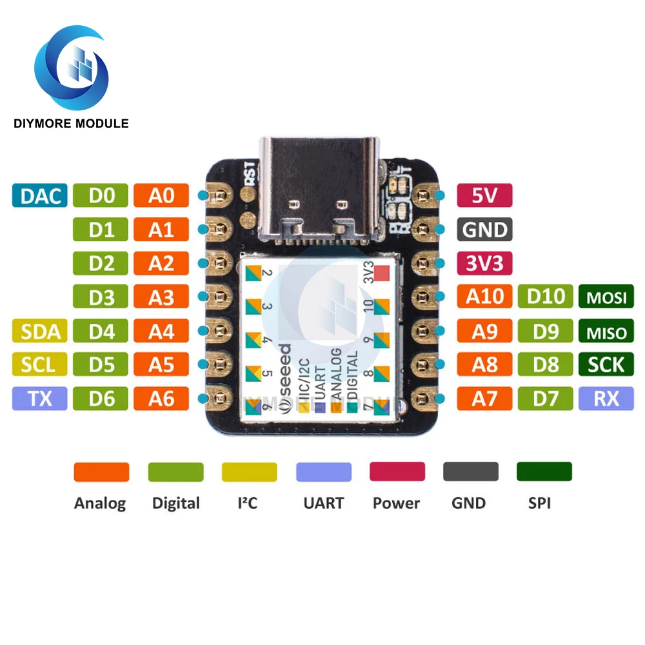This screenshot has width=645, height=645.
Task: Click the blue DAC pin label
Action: click(40, 195)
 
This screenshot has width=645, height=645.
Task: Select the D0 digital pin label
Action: click(101, 195)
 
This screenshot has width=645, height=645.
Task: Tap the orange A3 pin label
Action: click(161, 297)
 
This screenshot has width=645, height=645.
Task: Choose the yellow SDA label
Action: click(40, 332)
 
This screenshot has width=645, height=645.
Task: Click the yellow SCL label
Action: click(40, 365)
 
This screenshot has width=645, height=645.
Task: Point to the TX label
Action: click(40, 399)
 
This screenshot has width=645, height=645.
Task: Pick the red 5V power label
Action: click(484, 195)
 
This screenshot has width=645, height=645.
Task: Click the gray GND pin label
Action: click(484, 230)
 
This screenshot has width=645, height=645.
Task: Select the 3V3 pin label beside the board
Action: click(484, 263)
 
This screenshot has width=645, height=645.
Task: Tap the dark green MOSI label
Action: click(606, 298)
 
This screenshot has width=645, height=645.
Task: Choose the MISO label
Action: click(606, 332)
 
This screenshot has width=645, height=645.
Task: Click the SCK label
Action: click(606, 365)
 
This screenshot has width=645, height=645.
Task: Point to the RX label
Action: click(606, 399)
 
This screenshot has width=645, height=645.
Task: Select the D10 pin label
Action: click(546, 297)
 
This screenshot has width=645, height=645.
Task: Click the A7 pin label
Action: click(484, 399)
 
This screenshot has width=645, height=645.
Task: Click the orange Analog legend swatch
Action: click(101, 471)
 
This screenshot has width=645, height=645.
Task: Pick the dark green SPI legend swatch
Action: click(544, 471)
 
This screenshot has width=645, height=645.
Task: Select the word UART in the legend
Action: click(323, 503)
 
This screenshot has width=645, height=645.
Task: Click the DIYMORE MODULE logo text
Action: click(71, 123)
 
